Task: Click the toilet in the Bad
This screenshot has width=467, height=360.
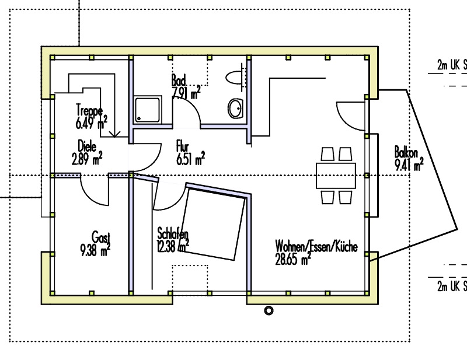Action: tap(235, 78)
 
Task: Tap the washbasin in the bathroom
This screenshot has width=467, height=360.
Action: tap(236, 109)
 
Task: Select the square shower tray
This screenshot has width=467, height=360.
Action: tap(148, 110)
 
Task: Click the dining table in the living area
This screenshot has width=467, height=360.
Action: tap(336, 176)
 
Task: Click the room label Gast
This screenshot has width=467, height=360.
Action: tap(101, 237)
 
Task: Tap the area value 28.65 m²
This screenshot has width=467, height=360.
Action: tap(293, 259)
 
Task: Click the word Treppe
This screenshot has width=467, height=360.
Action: tap(90, 110)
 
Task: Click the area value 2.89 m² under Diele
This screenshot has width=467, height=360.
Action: tap(87, 159)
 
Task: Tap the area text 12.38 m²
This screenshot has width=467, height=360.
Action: tap(173, 246)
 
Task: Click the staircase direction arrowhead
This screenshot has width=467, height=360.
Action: tap(114, 134)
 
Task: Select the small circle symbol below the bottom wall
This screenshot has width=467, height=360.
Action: tap(269, 310)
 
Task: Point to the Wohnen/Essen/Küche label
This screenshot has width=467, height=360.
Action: tap(316, 247)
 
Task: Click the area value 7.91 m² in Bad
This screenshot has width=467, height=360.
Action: tap(186, 93)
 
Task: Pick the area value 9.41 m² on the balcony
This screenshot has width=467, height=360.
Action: tap(409, 165)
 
